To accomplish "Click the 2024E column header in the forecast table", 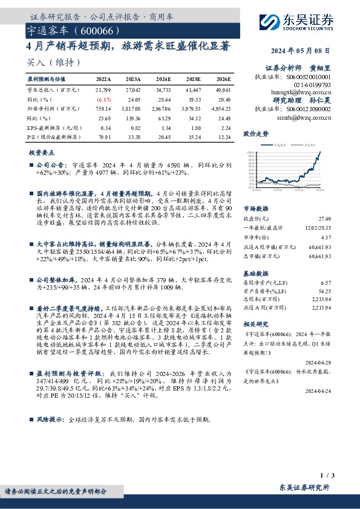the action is (163, 79).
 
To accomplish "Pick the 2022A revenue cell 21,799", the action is (103, 89).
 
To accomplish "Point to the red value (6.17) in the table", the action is (105, 99).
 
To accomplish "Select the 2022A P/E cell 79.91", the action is (105, 137).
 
